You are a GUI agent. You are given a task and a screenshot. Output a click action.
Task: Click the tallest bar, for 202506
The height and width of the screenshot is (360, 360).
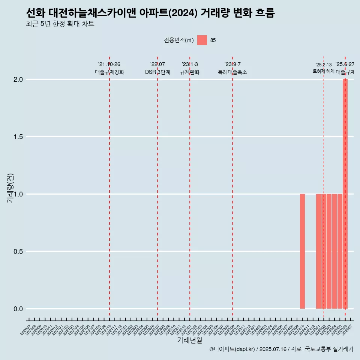click(345, 193)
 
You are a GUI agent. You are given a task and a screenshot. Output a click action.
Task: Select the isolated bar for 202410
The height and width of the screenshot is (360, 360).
click(302, 251)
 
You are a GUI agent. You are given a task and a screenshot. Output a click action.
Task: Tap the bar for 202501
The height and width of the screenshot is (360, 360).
click(318, 251)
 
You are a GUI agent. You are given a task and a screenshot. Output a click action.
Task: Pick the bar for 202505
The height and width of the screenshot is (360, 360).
click(340, 251)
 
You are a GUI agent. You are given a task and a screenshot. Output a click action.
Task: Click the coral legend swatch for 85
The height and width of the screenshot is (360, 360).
click(202, 40)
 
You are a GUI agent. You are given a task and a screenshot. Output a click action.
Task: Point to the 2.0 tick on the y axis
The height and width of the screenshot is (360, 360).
click(18, 79)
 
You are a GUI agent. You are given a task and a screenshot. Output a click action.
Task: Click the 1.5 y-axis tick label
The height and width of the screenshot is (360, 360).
click(18, 137)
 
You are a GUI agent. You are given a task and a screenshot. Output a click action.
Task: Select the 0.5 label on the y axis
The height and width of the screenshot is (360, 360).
click(18, 252)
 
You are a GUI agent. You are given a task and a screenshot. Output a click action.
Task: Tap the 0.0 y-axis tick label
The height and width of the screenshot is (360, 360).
click(18, 309)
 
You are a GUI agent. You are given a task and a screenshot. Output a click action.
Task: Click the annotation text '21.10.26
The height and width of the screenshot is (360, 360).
click(109, 64)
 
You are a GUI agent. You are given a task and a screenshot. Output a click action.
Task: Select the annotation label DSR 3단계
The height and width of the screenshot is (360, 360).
click(157, 72)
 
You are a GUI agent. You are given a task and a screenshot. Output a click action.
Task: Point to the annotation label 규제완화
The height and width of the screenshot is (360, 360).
click(190, 72)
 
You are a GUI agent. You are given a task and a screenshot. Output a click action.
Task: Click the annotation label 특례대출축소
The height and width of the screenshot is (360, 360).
click(232, 72)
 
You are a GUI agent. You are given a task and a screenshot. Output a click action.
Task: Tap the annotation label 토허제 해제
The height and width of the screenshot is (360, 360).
click(323, 71)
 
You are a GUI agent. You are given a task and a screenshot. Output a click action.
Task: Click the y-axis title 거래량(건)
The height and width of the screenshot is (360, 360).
click(10, 187)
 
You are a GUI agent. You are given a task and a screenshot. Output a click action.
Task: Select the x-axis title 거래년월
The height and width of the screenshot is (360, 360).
click(189, 340)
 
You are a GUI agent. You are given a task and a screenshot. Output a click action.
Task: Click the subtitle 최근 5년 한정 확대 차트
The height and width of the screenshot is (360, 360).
click(60, 24)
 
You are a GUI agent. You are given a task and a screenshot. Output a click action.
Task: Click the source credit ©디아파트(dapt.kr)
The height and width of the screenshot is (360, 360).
click(232, 349)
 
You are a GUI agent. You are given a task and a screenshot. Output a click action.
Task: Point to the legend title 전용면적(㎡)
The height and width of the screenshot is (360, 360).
click(179, 40)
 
